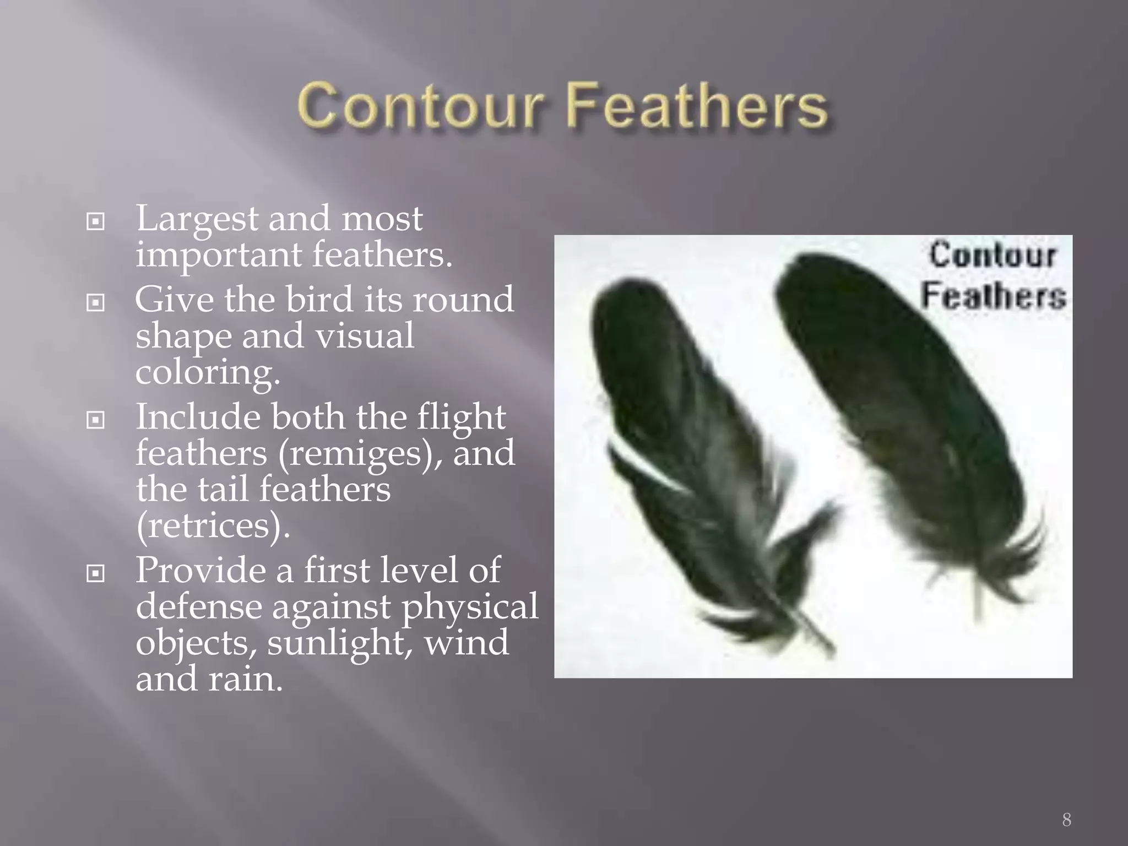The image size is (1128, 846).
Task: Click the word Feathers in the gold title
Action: (697, 105)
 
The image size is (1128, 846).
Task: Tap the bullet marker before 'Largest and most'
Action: (96, 221)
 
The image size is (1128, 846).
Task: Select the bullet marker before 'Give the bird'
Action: (96, 302)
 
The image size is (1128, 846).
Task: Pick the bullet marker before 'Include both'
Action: (96, 420)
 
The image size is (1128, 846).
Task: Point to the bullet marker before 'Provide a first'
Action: (96, 573)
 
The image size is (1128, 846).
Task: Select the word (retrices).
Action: (213, 526)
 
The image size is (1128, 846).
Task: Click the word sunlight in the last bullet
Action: (340, 643)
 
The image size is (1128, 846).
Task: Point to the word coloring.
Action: (208, 373)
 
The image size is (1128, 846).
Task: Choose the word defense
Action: (199, 607)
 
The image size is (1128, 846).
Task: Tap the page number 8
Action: (1066, 820)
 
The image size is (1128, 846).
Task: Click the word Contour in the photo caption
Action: (993, 256)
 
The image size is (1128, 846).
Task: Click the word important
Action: (219, 254)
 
